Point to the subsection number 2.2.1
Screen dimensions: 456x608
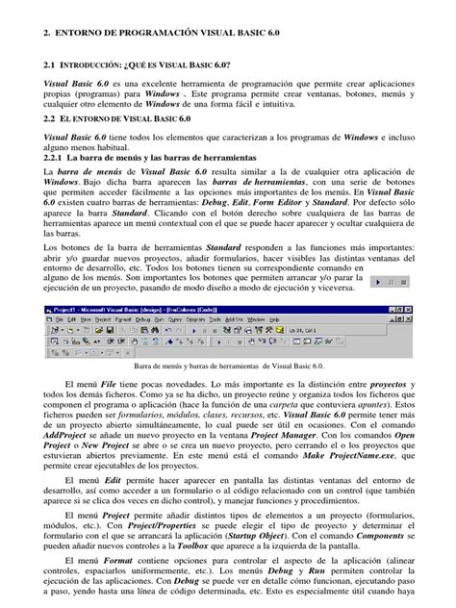tap(57, 158)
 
